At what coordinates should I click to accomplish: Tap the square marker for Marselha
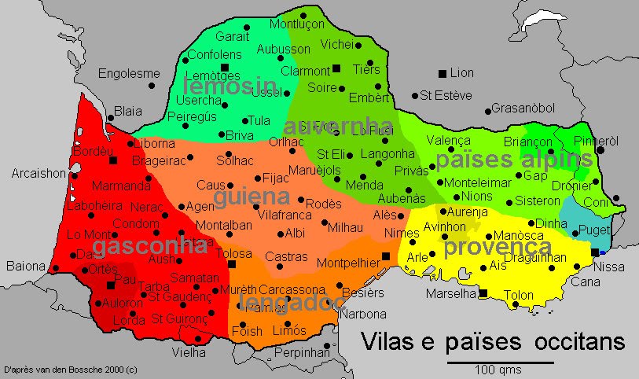pos(483,293)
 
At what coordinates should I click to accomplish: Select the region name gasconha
pos(151,246)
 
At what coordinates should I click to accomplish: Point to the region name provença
pos(498,247)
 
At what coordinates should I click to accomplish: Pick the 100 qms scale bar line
pos(500,362)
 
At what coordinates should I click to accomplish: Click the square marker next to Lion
pos(442,73)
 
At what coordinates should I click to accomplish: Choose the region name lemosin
pos(230,85)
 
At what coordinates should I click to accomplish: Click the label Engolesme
pos(129,74)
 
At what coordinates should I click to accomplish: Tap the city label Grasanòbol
pos(523,109)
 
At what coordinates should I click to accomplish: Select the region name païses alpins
pos(512,160)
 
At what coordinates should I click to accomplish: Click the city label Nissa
pos(609,267)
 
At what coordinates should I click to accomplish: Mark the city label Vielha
pos(199,353)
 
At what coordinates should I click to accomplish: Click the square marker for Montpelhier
pos(386,256)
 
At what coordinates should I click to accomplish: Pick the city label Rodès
pos(323,204)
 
